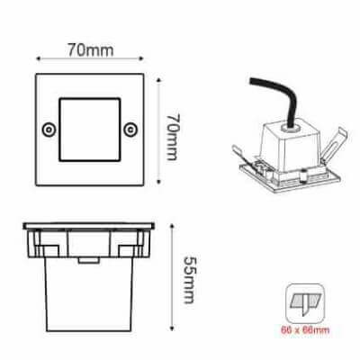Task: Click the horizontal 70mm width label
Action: [91, 49]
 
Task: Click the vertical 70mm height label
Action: [174, 137]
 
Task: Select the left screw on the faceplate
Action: [49, 130]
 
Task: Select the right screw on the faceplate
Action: [130, 130]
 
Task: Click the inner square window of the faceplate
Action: [90, 130]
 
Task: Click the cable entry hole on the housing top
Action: [290, 130]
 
